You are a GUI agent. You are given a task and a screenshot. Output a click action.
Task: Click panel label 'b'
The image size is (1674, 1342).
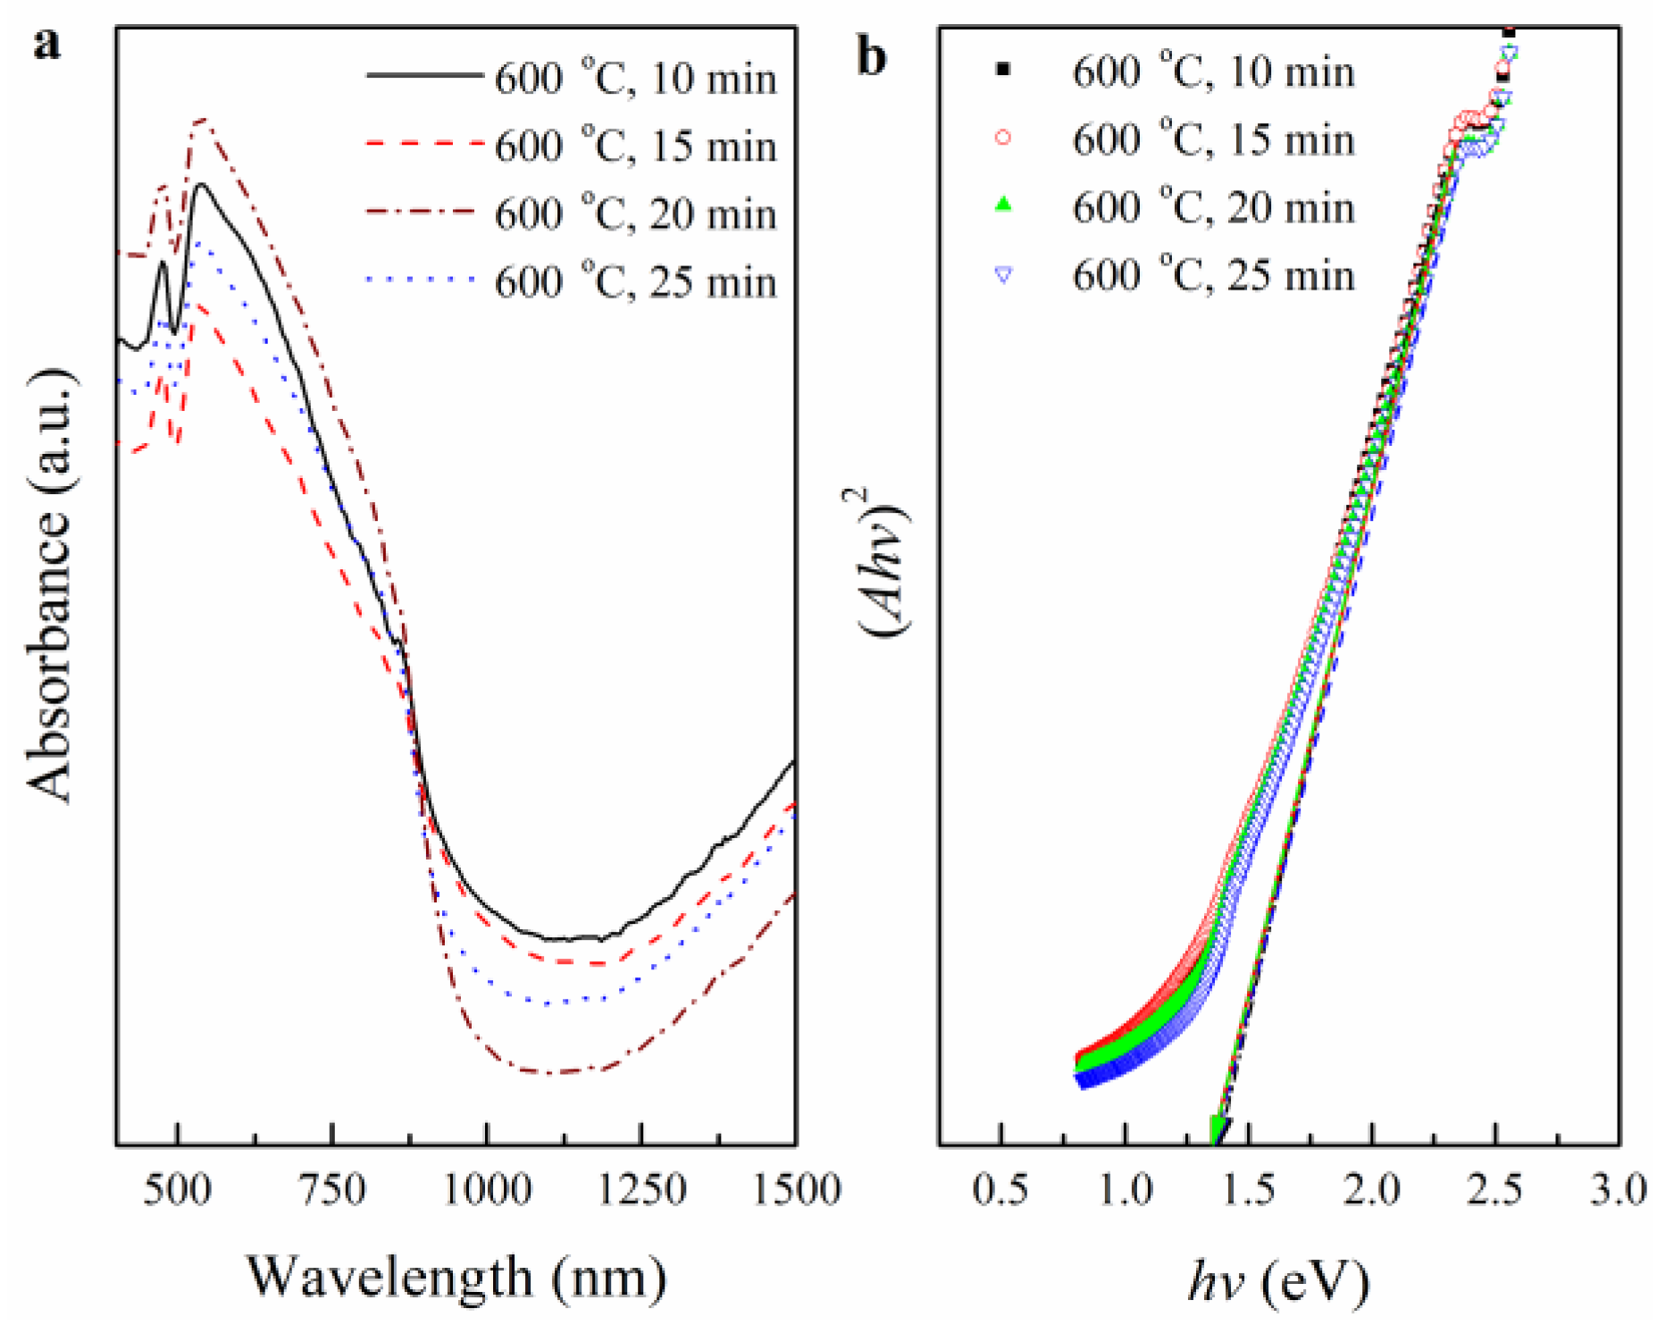tap(871, 57)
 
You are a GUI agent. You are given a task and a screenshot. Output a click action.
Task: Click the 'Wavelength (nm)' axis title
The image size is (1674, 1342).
tap(456, 1278)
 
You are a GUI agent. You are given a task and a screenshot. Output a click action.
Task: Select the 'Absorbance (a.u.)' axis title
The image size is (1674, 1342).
tap(50, 585)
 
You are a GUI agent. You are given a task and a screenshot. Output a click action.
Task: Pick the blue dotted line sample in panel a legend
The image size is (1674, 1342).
tap(423, 281)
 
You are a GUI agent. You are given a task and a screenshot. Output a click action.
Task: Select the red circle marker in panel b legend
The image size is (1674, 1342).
tap(1003, 138)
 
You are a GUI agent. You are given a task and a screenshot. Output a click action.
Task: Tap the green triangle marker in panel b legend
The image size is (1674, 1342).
tap(1003, 205)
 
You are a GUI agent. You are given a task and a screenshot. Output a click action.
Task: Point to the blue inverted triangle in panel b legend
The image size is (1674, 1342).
tap(1003, 274)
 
